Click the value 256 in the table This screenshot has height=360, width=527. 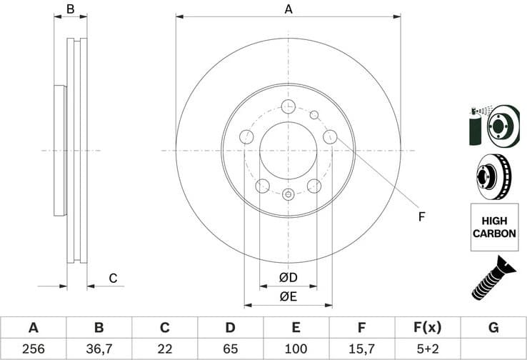click(33, 349)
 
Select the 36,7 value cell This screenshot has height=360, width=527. click(99, 349)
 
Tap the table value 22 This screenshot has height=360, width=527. click(164, 349)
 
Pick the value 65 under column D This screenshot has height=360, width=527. click(230, 349)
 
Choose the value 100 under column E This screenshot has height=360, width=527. click(296, 349)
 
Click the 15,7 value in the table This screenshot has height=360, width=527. click(361, 349)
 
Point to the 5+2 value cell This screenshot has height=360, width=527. click(427, 349)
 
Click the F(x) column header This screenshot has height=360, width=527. click(427, 328)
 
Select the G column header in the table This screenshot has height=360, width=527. click(493, 328)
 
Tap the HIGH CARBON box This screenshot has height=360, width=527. click(494, 227)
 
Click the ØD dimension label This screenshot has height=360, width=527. click(288, 277)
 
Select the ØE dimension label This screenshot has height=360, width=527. click(288, 295)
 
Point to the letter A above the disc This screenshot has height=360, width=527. click(288, 9)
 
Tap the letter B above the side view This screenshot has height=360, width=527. click(70, 9)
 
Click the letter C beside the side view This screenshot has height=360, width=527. click(113, 278)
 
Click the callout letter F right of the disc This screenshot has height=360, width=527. click(421, 216)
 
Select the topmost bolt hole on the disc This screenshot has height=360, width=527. click(288, 107)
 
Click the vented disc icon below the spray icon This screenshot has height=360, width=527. click(493, 175)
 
